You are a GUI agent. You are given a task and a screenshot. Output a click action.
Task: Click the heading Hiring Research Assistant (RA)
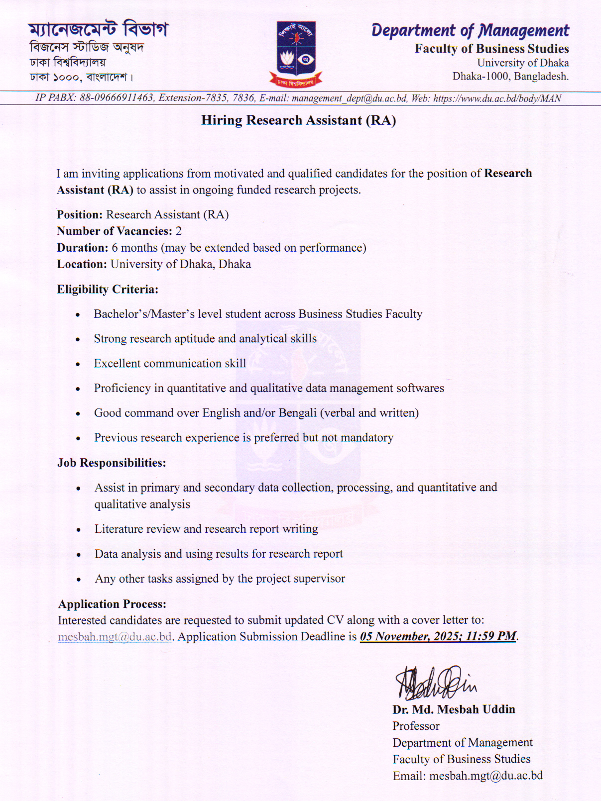[298, 120]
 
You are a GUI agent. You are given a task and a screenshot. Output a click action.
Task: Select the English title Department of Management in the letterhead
[470, 31]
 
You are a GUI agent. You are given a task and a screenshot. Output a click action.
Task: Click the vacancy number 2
[179, 231]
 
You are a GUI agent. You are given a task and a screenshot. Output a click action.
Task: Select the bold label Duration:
[82, 248]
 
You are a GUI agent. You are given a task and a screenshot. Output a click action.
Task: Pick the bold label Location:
[82, 264]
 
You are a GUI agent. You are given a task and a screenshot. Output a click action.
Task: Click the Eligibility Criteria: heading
[108, 290]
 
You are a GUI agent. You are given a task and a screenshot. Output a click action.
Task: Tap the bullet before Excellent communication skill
[78, 364]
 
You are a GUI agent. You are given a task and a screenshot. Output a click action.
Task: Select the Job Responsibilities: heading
[112, 463]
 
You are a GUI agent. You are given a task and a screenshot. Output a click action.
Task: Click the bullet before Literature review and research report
[78, 530]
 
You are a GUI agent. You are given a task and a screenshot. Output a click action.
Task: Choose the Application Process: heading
[112, 604]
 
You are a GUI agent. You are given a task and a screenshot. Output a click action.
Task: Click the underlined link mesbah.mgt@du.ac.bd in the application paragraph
[115, 637]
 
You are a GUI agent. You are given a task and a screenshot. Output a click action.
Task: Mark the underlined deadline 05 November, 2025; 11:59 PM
[438, 636]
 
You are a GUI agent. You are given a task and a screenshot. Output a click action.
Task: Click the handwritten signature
[435, 683]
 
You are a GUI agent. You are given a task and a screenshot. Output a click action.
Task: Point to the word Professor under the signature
[416, 726]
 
